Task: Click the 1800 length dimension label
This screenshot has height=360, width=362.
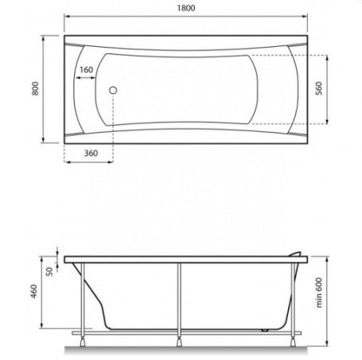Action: click(186, 8)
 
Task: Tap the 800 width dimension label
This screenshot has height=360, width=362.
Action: click(35, 88)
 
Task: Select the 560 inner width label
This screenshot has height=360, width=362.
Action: click(319, 88)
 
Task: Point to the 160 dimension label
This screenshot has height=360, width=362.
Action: click(87, 70)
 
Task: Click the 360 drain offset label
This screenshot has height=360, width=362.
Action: click(91, 153)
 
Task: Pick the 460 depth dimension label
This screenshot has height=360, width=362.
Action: click(34, 292)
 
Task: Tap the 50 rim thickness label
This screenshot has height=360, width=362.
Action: click(49, 272)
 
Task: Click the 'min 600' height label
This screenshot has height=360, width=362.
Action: click(319, 292)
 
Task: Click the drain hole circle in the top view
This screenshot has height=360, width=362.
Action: click(113, 91)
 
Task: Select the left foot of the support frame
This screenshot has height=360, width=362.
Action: click(83, 342)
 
